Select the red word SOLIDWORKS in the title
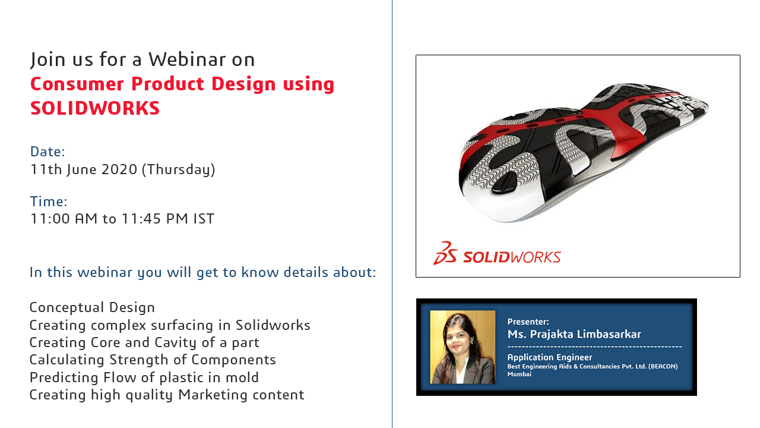[95, 108]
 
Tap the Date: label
[47, 152]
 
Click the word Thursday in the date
[178, 169]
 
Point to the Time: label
[49, 202]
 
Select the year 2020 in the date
[119, 169]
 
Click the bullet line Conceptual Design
[92, 307]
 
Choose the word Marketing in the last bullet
[213, 395]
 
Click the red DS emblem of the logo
[445, 253]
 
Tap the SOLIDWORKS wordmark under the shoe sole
[512, 257]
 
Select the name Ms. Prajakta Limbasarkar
[574, 334]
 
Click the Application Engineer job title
[550, 357]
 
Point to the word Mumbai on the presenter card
[520, 374]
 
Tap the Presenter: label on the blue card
[528, 322]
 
